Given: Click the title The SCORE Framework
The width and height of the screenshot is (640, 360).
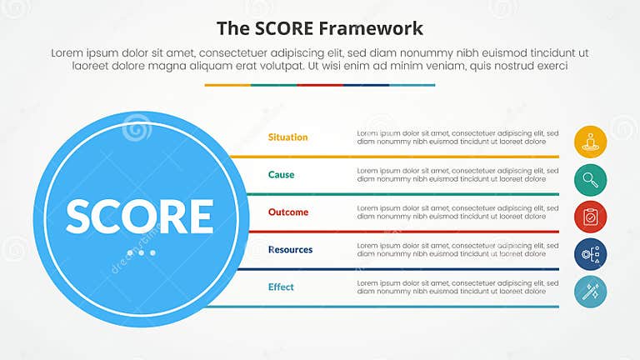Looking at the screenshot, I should coord(320,27).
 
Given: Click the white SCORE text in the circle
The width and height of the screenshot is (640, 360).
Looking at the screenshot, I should coord(140,216).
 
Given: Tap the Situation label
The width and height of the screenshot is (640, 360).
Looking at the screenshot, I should coord(287,137).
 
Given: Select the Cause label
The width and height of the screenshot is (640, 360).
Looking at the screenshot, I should coord(281,175).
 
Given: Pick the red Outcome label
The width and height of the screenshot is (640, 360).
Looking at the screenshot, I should coord(288,212).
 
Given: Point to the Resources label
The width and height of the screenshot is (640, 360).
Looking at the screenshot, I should coord(290,250).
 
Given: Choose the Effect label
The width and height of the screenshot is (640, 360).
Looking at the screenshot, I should coord(281,287).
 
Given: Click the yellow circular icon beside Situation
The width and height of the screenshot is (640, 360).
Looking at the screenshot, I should coord(590,142).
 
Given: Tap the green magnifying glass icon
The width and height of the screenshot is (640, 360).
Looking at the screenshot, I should coord(590,180).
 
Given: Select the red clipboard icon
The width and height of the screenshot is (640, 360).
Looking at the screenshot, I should coord(590,217).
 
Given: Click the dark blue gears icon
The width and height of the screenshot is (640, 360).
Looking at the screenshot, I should coord(590,254).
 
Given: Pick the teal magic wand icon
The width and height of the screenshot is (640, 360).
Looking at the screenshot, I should coord(590,292).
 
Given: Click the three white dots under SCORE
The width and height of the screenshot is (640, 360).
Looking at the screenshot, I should coord(147,252).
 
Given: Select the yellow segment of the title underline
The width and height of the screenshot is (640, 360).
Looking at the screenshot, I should coord(227,85).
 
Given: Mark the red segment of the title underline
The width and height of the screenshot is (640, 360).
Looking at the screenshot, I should coord(320,85).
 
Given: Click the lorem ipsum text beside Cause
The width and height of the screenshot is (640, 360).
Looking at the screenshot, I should coord(452,175).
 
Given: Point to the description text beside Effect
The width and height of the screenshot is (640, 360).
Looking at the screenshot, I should coord(452,287).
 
